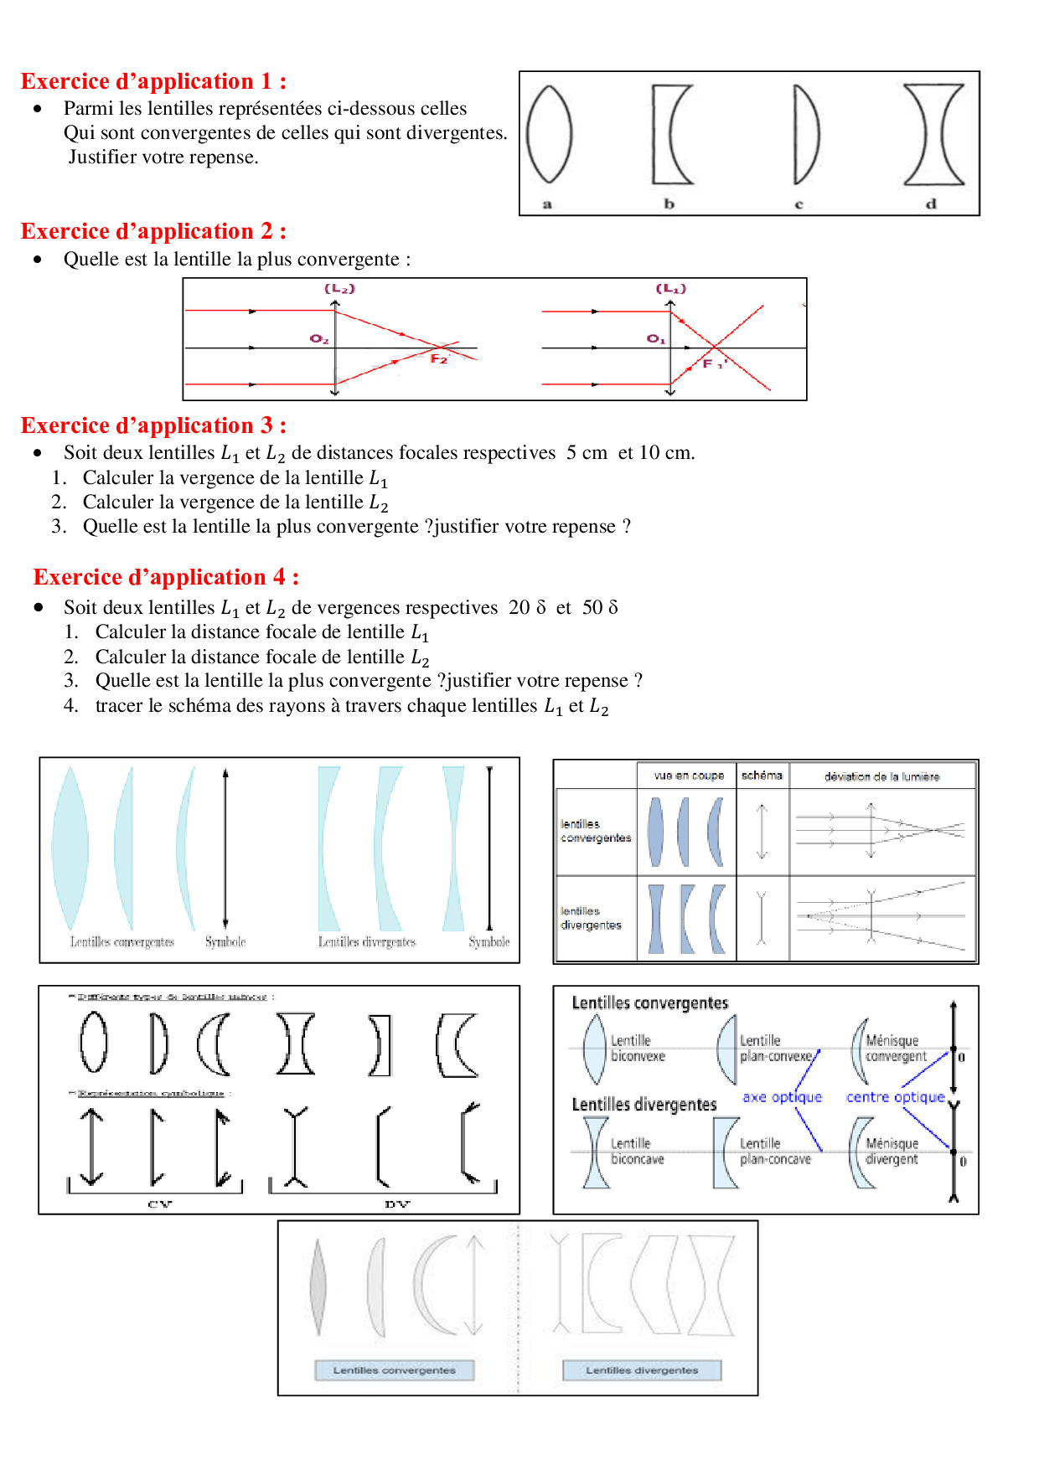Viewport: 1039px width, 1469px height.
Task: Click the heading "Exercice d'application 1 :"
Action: coord(153,81)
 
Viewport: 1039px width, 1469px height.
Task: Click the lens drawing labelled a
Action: coord(549,134)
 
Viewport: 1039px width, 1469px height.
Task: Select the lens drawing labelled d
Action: coord(933,134)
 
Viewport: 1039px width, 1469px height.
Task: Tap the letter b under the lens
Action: coord(669,204)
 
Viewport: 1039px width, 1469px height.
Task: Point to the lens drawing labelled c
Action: coord(805,134)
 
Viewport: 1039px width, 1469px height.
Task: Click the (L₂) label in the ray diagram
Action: coord(339,289)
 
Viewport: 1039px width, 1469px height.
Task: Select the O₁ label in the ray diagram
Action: coord(655,338)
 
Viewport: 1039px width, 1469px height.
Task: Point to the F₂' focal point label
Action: coord(440,358)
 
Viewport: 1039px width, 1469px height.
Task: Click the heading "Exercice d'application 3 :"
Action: coord(153,425)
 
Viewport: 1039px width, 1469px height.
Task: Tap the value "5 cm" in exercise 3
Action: coord(587,453)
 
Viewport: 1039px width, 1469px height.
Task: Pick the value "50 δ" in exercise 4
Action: coord(600,607)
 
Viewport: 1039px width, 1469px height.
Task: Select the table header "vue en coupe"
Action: coord(689,776)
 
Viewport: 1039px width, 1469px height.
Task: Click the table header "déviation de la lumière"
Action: coord(881,776)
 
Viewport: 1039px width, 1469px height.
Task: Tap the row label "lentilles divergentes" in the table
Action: coord(591,918)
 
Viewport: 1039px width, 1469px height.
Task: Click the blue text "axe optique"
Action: coord(782,1097)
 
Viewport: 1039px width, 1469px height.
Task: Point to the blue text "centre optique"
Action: coord(895,1097)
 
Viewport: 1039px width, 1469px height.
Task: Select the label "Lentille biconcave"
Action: coord(636,1151)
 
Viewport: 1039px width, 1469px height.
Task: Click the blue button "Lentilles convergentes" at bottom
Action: coord(394,1370)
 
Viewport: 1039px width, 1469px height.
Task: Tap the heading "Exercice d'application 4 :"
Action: coord(166,577)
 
